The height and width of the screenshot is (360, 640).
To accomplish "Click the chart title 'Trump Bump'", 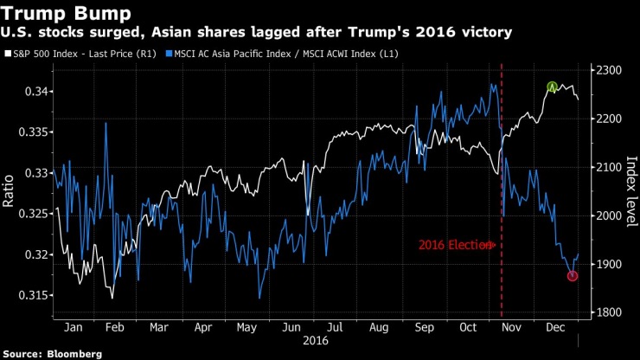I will (68, 13).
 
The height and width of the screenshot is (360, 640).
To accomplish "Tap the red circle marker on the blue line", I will (573, 275).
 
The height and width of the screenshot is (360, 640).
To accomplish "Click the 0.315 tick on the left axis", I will (34, 296).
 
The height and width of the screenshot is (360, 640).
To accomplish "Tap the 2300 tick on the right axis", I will (607, 69).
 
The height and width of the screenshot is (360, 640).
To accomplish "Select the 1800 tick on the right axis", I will (607, 312).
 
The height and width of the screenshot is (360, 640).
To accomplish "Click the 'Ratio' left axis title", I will (10, 192).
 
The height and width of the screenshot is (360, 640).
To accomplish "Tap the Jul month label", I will (335, 329).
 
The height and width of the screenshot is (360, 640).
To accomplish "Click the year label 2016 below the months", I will (312, 342).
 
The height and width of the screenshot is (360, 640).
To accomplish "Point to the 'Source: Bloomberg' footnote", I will (53, 354).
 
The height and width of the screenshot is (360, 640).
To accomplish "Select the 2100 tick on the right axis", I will (607, 166).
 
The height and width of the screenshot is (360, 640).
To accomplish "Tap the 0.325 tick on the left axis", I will (34, 214).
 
